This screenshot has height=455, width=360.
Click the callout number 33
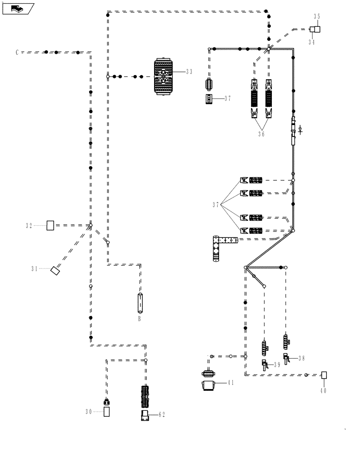coord(189,71)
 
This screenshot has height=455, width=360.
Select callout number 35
coord(317,16)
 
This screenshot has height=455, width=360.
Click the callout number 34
coord(312,42)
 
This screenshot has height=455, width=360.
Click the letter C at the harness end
coord(17,52)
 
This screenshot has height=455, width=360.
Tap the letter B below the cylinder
coord(140,319)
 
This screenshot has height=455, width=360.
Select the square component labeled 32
coord(50,225)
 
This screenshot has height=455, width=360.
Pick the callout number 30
coord(89,412)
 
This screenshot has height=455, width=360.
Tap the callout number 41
coord(230,383)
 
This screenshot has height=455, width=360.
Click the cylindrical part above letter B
coord(140,303)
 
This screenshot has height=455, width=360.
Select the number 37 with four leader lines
coord(216,205)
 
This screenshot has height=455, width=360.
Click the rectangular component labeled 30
coord(107,412)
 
